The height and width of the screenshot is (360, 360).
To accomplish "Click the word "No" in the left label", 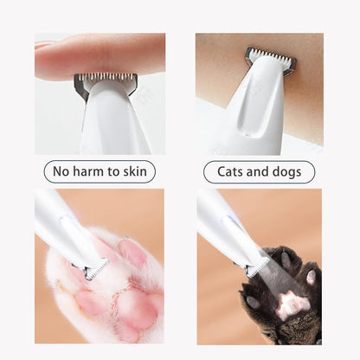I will click(62, 172).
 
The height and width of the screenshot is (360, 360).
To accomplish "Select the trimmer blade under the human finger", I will click(104, 83).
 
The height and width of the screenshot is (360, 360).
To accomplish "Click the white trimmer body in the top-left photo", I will click(112, 121).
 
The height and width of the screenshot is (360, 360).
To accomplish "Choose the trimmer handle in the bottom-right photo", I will click(221, 221).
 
